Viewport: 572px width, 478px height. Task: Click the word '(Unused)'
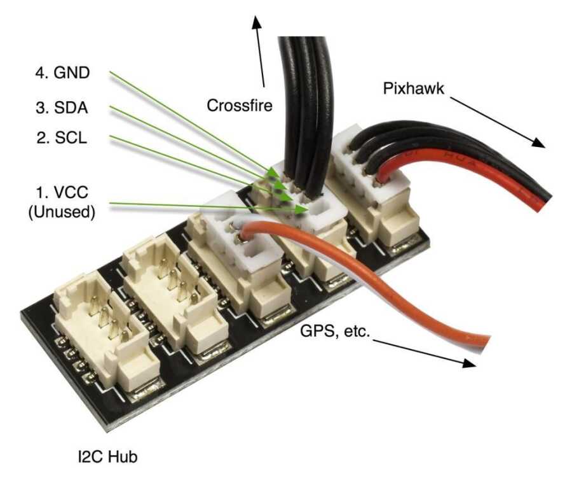62,212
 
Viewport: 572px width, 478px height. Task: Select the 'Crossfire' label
240,105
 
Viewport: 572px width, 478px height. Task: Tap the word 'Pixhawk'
412,88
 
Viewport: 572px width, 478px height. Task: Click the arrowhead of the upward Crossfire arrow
257,23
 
